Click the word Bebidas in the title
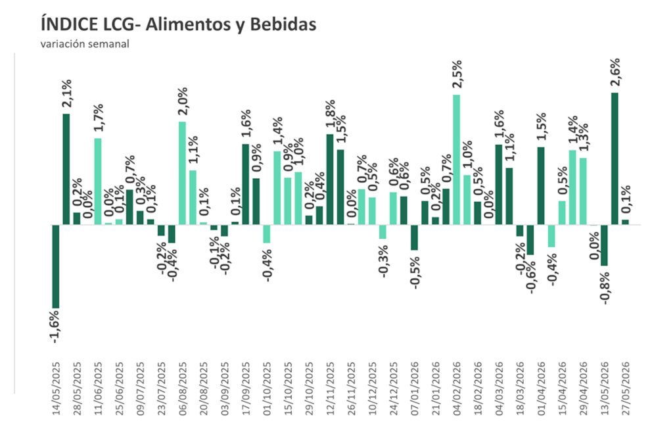[x=283, y=24]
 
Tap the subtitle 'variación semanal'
[x=85, y=43]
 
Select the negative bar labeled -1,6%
[x=56, y=266]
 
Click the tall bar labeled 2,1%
[x=66, y=170]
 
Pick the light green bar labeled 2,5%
[x=456, y=160]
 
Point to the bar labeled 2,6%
[x=615, y=158]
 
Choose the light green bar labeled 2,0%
[x=182, y=173]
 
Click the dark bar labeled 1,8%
[x=330, y=180]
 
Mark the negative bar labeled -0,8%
[x=604, y=245]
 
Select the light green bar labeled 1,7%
[x=98, y=181]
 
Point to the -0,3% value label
[x=383, y=261]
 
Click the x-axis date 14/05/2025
[x=56, y=388]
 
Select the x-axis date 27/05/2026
[x=626, y=388]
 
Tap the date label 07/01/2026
[x=415, y=388]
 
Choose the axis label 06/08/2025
[x=183, y=388]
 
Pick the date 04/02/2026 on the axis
[x=457, y=388]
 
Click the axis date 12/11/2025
[x=330, y=388]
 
